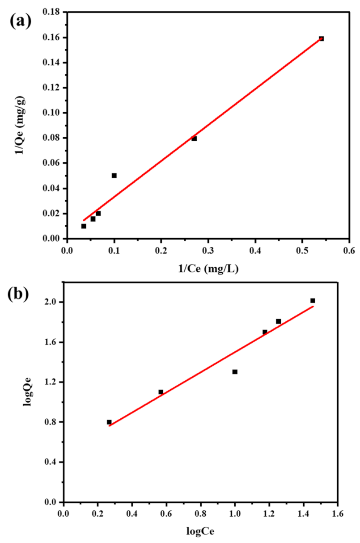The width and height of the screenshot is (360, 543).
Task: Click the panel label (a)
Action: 21,21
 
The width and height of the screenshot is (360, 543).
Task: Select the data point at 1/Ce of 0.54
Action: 321,39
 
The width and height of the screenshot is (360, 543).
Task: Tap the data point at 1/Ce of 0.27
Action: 194,139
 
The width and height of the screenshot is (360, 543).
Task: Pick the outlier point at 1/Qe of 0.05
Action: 114,176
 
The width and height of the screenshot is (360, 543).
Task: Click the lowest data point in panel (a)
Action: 84,226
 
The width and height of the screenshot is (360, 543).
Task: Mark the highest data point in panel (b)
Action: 313,301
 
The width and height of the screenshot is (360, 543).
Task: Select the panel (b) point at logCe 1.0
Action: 235,372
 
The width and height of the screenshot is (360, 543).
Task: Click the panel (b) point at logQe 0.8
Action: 109,422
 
